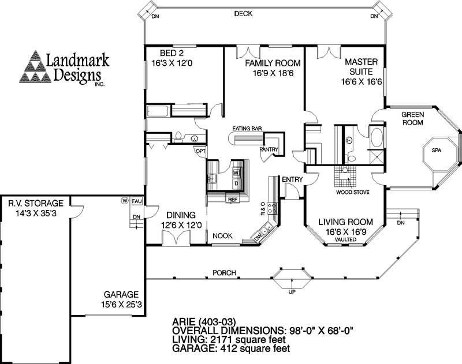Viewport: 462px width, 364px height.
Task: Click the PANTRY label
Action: coord(269,150)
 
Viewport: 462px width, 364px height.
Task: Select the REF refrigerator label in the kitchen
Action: coord(233,200)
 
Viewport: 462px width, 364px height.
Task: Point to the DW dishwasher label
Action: coord(257,236)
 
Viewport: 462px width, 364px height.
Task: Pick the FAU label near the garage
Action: coord(137,201)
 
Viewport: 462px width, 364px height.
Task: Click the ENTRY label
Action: coord(292,180)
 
